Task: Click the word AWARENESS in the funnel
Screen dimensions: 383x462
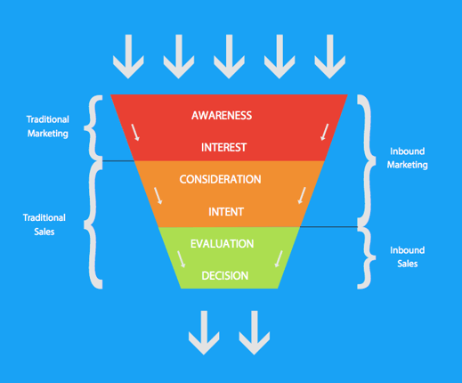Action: pyautogui.click(x=222, y=115)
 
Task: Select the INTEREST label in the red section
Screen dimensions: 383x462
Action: pyautogui.click(x=223, y=147)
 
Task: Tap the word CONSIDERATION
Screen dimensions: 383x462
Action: pyautogui.click(x=220, y=179)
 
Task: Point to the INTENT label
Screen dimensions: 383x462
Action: pyautogui.click(x=226, y=212)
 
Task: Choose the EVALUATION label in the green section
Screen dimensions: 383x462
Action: pyautogui.click(x=222, y=243)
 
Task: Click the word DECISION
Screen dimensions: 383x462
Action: pyautogui.click(x=224, y=275)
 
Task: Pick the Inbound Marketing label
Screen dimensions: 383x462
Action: pyautogui.click(x=408, y=158)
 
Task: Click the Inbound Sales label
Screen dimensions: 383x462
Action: pyautogui.click(x=408, y=257)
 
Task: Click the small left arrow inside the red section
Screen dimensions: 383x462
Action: pyautogui.click(x=136, y=133)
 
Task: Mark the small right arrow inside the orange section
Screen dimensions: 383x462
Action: pyautogui.click(x=301, y=196)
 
